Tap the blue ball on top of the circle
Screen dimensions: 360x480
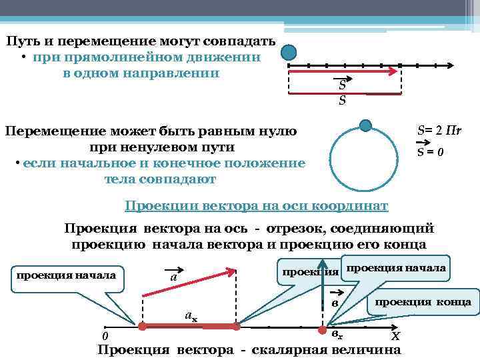(x=365, y=125)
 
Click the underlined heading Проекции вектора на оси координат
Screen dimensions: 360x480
(x=257, y=205)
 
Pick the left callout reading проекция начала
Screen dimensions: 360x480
(x=65, y=275)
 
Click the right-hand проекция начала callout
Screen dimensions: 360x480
(x=396, y=267)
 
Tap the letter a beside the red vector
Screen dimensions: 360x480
(x=173, y=276)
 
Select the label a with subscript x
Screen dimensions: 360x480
(x=190, y=316)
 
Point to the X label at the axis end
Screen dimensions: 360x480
(x=395, y=336)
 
